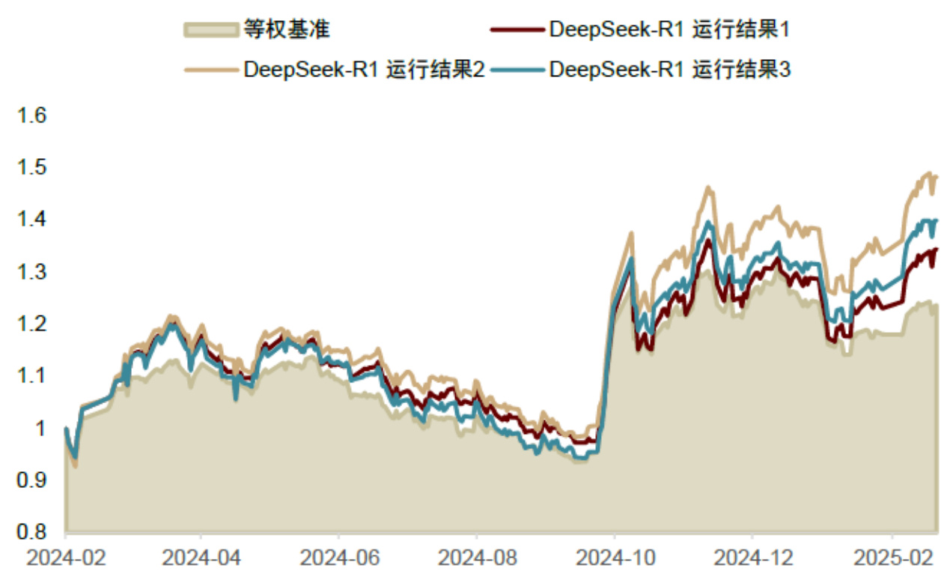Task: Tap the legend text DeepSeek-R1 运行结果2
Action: coord(365,69)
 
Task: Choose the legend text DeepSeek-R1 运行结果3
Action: coord(670,69)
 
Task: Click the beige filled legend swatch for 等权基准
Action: coord(210,30)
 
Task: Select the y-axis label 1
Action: coord(42,428)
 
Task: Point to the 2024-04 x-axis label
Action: coord(201,559)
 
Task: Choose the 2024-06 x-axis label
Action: coord(338,559)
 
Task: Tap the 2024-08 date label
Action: coord(476,559)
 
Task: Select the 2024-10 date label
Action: coord(614,559)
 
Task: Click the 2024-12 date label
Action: coord(752,559)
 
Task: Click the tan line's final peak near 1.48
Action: coord(928,174)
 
